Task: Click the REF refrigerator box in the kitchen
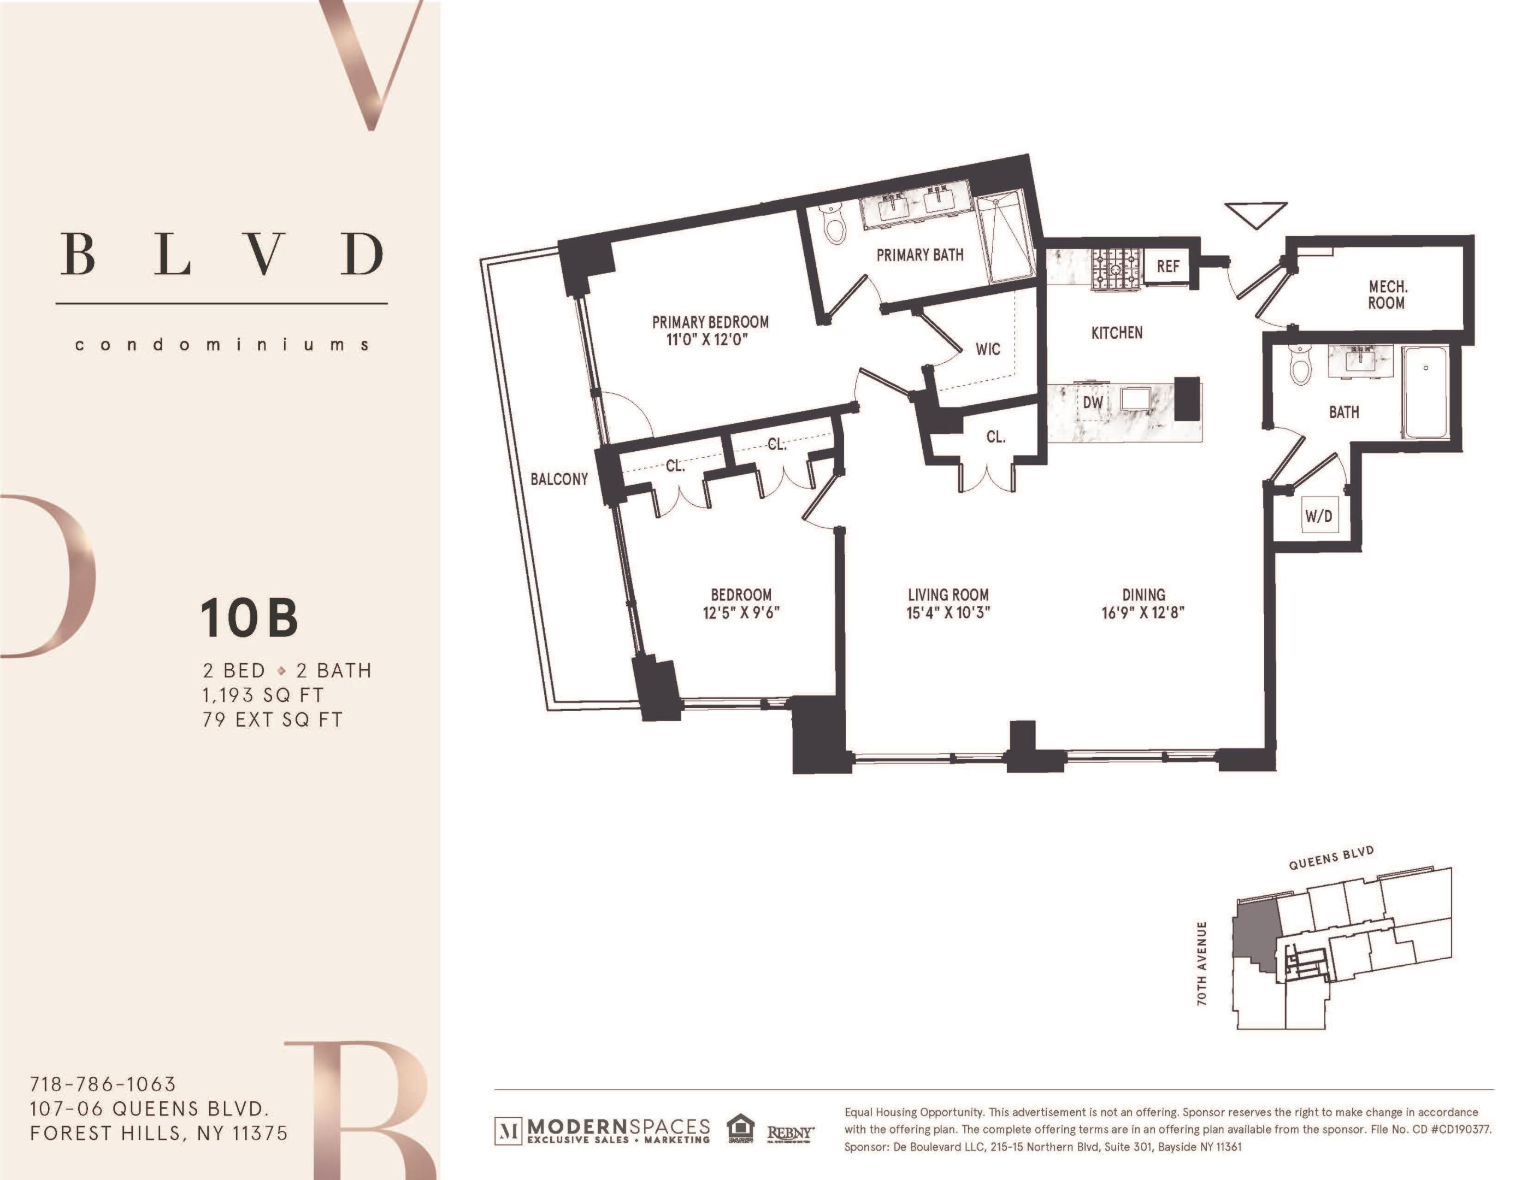coord(1168,267)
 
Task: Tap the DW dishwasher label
coord(1093,403)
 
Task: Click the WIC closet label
coord(988,349)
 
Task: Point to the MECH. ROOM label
coord(1387,294)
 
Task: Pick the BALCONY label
coord(559,480)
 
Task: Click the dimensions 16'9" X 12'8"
coord(1143,613)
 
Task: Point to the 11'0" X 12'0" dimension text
coord(710,340)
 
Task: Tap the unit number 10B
coord(250,618)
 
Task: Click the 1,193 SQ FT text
coord(263,695)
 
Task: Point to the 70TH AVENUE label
coord(1202,964)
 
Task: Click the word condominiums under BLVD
coord(222,345)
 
